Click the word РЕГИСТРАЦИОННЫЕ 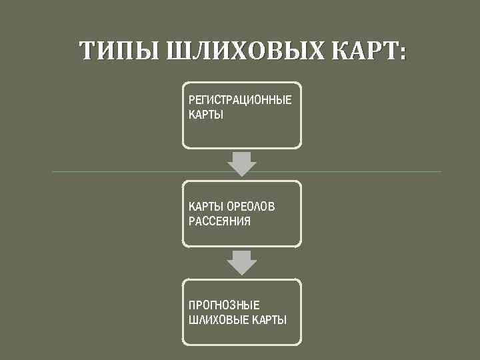pyautogui.click(x=240, y=100)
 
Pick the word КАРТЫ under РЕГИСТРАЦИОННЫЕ pyautogui.click(x=206, y=115)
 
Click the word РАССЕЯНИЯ pyautogui.click(x=219, y=221)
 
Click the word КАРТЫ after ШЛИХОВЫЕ pyautogui.click(x=269, y=320)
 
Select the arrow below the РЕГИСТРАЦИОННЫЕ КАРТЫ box pyautogui.click(x=242, y=163)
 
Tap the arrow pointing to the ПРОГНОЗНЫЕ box pyautogui.click(x=242, y=262)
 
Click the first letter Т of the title pyautogui.click(x=87, y=51)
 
